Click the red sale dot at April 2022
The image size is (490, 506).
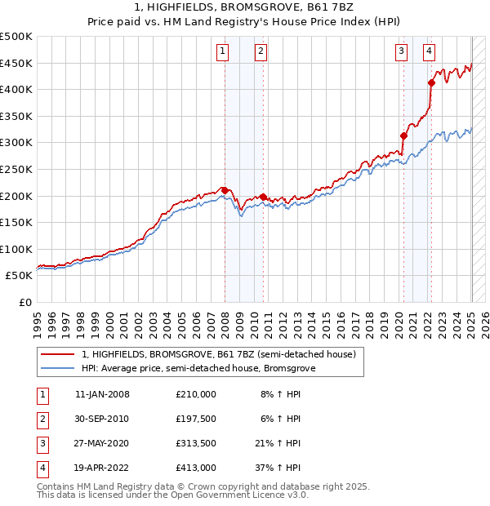(431, 82)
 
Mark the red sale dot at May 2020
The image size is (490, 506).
(403, 135)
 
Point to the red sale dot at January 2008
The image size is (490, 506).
(225, 190)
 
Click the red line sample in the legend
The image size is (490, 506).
(59, 355)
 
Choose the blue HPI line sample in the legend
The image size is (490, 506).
(59, 369)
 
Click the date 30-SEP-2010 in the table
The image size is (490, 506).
(102, 419)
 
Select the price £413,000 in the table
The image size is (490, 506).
(195, 468)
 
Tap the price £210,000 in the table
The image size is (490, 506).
(195, 394)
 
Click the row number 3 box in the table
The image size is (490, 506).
(42, 443)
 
